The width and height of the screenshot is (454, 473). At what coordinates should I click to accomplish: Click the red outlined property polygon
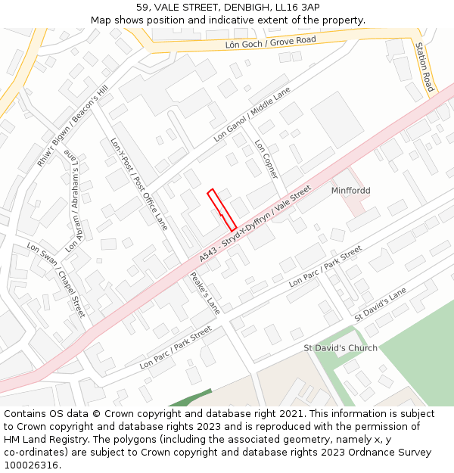(x=222, y=210)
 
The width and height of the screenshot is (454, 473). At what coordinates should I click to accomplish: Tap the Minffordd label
(x=350, y=191)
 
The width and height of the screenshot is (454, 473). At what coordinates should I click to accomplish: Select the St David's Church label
(x=340, y=348)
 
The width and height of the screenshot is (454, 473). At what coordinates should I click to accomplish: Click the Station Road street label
(x=424, y=67)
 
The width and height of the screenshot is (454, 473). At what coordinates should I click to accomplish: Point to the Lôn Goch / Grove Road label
(x=270, y=43)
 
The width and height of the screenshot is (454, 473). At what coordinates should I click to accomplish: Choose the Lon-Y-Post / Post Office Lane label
(x=139, y=184)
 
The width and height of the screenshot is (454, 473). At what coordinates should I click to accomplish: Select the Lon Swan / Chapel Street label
(x=56, y=279)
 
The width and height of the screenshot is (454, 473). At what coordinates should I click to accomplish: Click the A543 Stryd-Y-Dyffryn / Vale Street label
(x=255, y=225)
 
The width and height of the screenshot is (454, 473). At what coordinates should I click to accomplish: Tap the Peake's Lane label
(x=204, y=294)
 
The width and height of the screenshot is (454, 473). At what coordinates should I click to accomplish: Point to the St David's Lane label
(x=381, y=303)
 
